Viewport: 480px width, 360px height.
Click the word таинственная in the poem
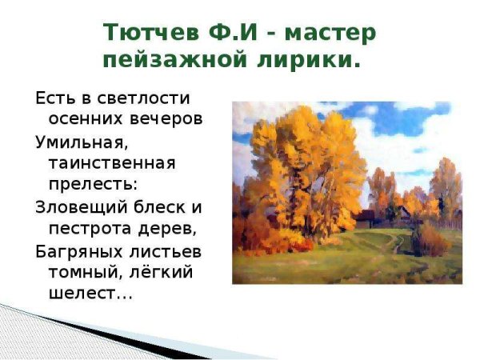pyautogui.click(x=111, y=163)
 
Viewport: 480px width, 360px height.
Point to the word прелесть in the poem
pyautogui.click(x=87, y=185)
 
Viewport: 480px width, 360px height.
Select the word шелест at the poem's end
pyautogui.click(x=78, y=294)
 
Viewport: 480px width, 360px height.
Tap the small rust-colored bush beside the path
pyautogui.click(x=428, y=238)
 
